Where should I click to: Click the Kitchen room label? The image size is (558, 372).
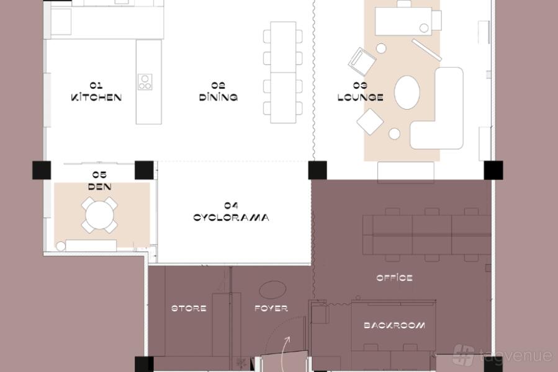click(96, 92)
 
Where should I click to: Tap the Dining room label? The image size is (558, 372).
click(218, 92)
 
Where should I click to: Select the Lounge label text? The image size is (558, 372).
click(360, 92)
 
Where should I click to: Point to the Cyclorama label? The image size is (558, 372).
click(231, 212)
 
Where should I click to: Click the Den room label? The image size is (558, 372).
click(100, 180)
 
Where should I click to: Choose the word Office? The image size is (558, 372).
click(394, 278)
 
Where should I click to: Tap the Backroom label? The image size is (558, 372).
click(394, 325)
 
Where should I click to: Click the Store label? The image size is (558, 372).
click(189, 308)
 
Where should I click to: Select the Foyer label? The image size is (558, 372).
click(271, 308)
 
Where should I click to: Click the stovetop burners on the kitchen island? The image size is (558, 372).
click(145, 82)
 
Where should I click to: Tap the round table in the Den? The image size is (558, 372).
click(100, 216)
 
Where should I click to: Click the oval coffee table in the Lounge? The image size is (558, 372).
click(407, 92)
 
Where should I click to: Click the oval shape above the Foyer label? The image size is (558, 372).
click(272, 290)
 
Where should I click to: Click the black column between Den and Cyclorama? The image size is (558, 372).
click(144, 170)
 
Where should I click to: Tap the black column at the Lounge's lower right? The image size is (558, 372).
click(493, 170)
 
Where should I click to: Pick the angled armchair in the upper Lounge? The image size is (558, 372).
click(362, 61)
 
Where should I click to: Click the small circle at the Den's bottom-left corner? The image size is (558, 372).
click(61, 246)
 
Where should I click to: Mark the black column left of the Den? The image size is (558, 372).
click(42, 170)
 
